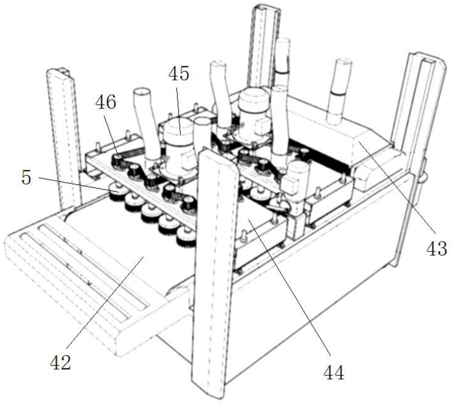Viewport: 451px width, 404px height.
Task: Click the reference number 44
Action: coord(334,372)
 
